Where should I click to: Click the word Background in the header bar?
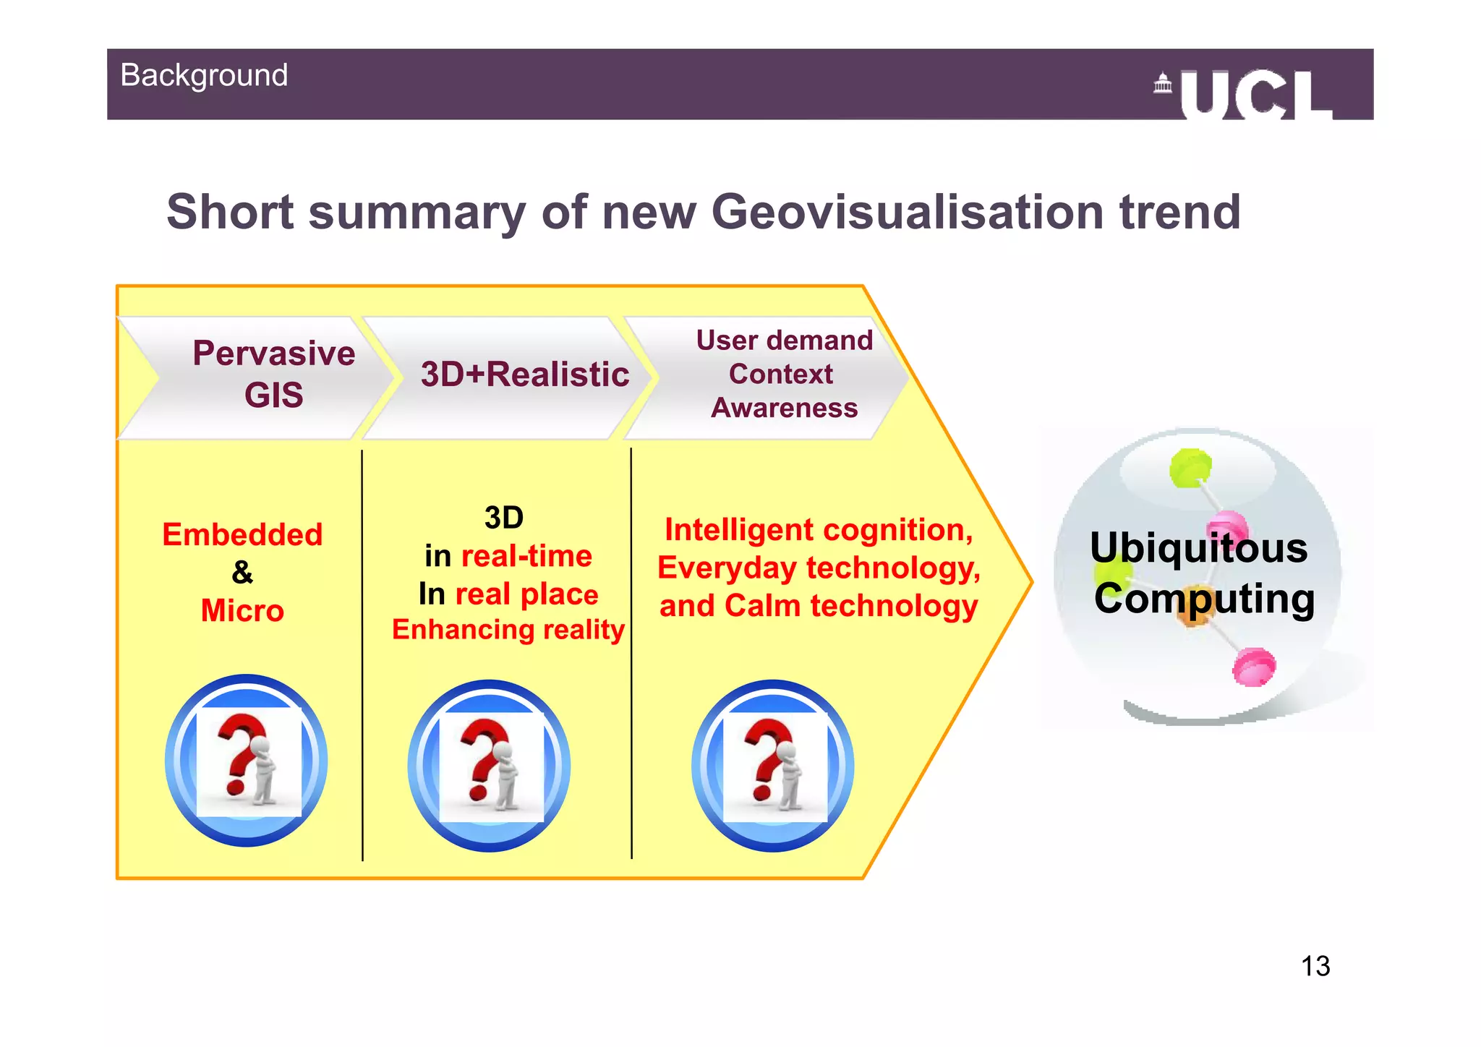pos(204,76)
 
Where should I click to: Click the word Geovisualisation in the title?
pos(908,212)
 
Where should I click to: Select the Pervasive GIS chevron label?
pos(273,375)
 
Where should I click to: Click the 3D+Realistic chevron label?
pos(525,375)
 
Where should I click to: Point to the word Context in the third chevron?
pos(780,375)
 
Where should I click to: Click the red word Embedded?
pos(242,535)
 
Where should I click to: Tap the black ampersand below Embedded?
pos(242,573)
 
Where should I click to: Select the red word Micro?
pos(242,611)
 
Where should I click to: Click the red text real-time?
pos(526,556)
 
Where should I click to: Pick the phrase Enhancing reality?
pos(508,630)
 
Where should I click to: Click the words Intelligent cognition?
pos(818,530)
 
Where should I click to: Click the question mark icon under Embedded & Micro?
pos(247,761)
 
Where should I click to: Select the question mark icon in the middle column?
pos(490,766)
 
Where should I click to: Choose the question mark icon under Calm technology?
pos(773,766)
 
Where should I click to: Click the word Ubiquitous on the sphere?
pos(1198,548)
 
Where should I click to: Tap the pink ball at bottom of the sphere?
pos(1254,666)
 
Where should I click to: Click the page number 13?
pos(1315,966)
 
